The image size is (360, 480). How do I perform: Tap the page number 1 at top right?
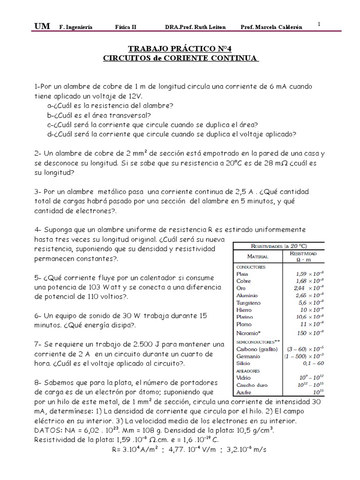pos(319,24)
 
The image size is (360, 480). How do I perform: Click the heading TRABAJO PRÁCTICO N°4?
pos(180,48)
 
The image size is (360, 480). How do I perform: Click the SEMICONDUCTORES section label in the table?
pos(255,342)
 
